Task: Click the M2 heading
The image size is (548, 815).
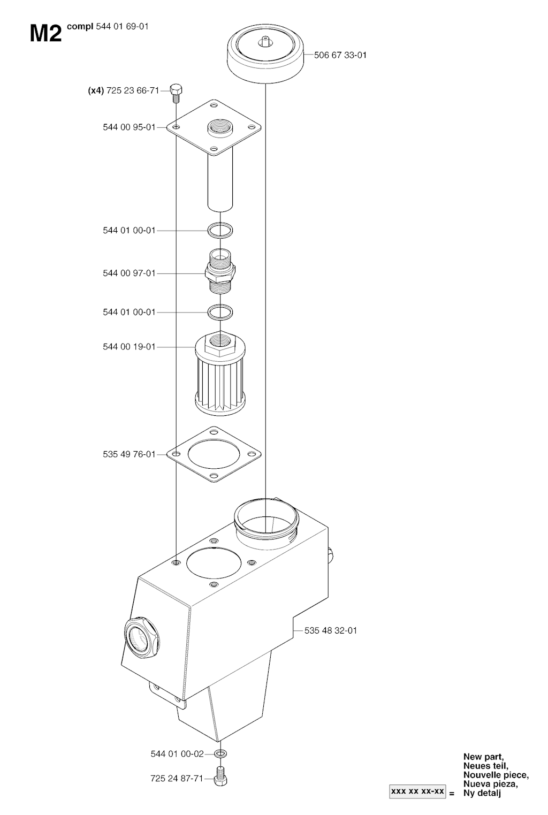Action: pos(45,34)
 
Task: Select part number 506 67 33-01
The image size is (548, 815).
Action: pos(340,55)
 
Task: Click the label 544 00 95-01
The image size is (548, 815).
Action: pos(129,127)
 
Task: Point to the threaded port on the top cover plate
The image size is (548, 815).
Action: pos(220,127)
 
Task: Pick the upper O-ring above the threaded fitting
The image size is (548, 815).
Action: pos(220,230)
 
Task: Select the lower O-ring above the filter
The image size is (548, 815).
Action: pos(220,312)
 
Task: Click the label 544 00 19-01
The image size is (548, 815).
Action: pos(129,347)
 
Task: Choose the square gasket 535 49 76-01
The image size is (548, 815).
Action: pos(214,454)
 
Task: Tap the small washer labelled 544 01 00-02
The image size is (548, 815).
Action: pos(220,753)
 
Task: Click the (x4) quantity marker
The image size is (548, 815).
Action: pos(96,90)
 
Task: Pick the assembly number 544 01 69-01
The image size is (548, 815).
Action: pos(122,27)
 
